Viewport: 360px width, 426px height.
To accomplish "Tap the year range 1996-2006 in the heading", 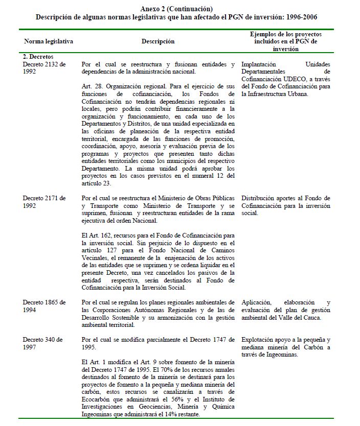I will [x=303, y=17].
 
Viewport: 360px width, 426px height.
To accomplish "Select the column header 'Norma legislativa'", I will [x=49, y=41].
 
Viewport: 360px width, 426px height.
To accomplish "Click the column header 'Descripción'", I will [x=158, y=41].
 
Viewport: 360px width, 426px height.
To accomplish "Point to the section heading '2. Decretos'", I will [x=38, y=57].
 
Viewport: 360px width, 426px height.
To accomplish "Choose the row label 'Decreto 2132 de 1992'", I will [x=44, y=68].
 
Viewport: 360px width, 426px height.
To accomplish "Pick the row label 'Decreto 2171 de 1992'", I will [x=44, y=201].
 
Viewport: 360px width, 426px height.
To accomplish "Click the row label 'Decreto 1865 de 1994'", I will [x=44, y=306].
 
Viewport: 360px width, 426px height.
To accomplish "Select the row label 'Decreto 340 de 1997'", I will [x=44, y=343].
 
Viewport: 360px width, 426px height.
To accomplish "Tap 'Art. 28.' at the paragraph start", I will [x=92, y=87].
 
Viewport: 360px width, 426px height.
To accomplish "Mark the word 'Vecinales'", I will [x=97, y=258].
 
